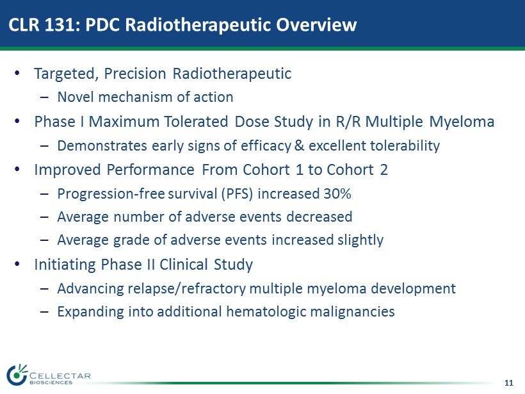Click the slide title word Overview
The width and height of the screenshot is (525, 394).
click(316, 24)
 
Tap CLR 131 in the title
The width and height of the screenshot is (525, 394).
click(43, 24)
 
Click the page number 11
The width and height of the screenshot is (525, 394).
click(508, 383)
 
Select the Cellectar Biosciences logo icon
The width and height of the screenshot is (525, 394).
click(17, 374)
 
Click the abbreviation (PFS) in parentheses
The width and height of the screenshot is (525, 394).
click(237, 194)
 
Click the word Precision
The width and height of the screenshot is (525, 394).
click(135, 74)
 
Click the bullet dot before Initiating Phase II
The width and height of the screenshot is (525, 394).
click(17, 265)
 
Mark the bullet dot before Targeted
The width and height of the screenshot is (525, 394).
click(17, 74)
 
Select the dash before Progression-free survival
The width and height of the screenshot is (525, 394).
click(44, 194)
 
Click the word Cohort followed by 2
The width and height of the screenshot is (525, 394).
click(350, 170)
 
